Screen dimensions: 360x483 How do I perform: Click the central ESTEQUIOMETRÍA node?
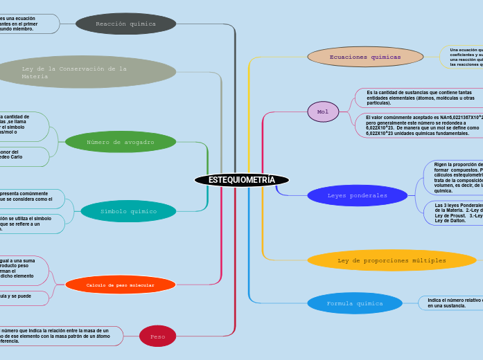pos(241,180)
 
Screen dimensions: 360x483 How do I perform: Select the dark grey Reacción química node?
pos(125,24)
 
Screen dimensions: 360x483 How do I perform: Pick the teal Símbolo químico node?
pos(128,211)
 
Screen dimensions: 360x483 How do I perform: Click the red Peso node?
pos(157,336)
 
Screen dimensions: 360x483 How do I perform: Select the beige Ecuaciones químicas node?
pos(365,57)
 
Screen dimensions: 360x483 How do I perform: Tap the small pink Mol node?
pos(323,111)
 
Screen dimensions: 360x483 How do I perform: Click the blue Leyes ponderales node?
pos(357,195)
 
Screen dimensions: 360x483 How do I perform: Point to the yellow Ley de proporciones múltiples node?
pos(392,260)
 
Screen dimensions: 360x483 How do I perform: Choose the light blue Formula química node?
pos(354,303)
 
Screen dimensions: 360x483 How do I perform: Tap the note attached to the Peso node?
pos(59,336)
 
